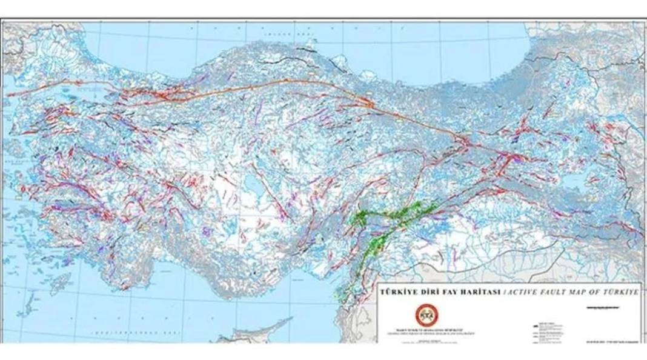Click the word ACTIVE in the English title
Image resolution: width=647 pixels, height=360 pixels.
[x=521, y=292]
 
